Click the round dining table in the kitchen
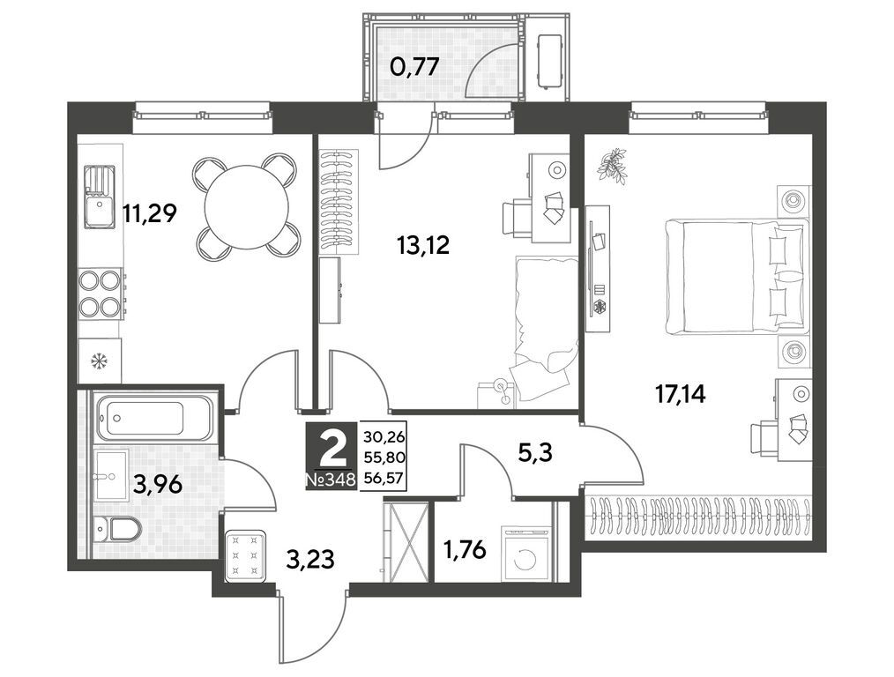point(246,206)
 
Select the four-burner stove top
point(101,293)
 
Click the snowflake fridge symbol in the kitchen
point(100,361)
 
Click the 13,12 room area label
point(423,245)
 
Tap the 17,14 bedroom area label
point(680,394)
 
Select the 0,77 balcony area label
point(414,67)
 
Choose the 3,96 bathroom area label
point(158,485)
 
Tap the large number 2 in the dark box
point(332,450)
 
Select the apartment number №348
point(332,480)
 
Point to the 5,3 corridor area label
point(535,454)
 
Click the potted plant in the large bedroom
point(613,165)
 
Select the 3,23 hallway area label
point(310,559)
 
